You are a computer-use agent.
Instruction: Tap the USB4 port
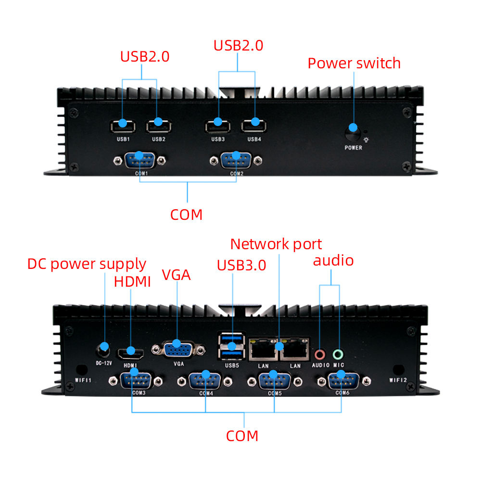[x=254, y=126]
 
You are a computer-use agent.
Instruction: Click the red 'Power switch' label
[x=354, y=63]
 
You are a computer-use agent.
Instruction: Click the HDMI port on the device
[x=130, y=353]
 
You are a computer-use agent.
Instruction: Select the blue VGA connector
[x=177, y=349]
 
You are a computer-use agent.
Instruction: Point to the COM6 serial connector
[x=342, y=380]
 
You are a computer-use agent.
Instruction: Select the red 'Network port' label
[x=276, y=244]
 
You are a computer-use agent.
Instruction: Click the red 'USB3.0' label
[x=241, y=265]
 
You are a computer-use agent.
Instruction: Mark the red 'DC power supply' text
[x=87, y=264]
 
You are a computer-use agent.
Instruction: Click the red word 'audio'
[x=333, y=260]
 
